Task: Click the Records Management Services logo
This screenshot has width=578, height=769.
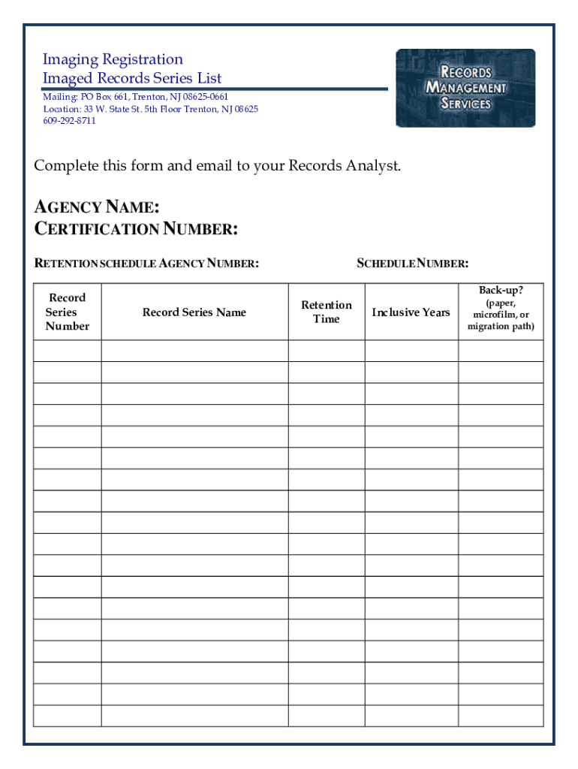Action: pyautogui.click(x=465, y=88)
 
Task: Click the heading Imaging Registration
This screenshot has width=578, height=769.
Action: pyautogui.click(x=113, y=59)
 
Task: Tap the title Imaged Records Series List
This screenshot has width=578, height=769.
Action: pyautogui.click(x=132, y=78)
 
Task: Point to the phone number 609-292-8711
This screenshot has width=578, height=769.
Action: pyautogui.click(x=69, y=121)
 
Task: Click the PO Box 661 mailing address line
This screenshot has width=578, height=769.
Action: pyautogui.click(x=135, y=98)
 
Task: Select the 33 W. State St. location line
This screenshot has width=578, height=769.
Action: pyautogui.click(x=150, y=110)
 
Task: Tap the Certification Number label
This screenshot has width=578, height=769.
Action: pyautogui.click(x=137, y=229)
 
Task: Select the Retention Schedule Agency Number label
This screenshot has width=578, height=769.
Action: pyautogui.click(x=147, y=264)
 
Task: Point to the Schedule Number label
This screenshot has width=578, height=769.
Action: pyautogui.click(x=413, y=264)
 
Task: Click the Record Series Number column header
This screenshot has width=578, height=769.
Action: pyautogui.click(x=67, y=312)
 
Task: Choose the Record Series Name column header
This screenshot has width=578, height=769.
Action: pyautogui.click(x=194, y=312)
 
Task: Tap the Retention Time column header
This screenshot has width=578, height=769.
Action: pyautogui.click(x=327, y=312)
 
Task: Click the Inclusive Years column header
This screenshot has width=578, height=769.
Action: pyautogui.click(x=411, y=312)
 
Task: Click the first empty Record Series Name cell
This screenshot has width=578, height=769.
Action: pyautogui.click(x=194, y=351)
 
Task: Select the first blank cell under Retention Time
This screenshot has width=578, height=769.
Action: pyautogui.click(x=327, y=351)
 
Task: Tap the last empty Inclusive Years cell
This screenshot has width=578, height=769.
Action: pyautogui.click(x=411, y=716)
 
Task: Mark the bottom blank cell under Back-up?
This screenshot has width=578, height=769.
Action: pyautogui.click(x=501, y=716)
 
